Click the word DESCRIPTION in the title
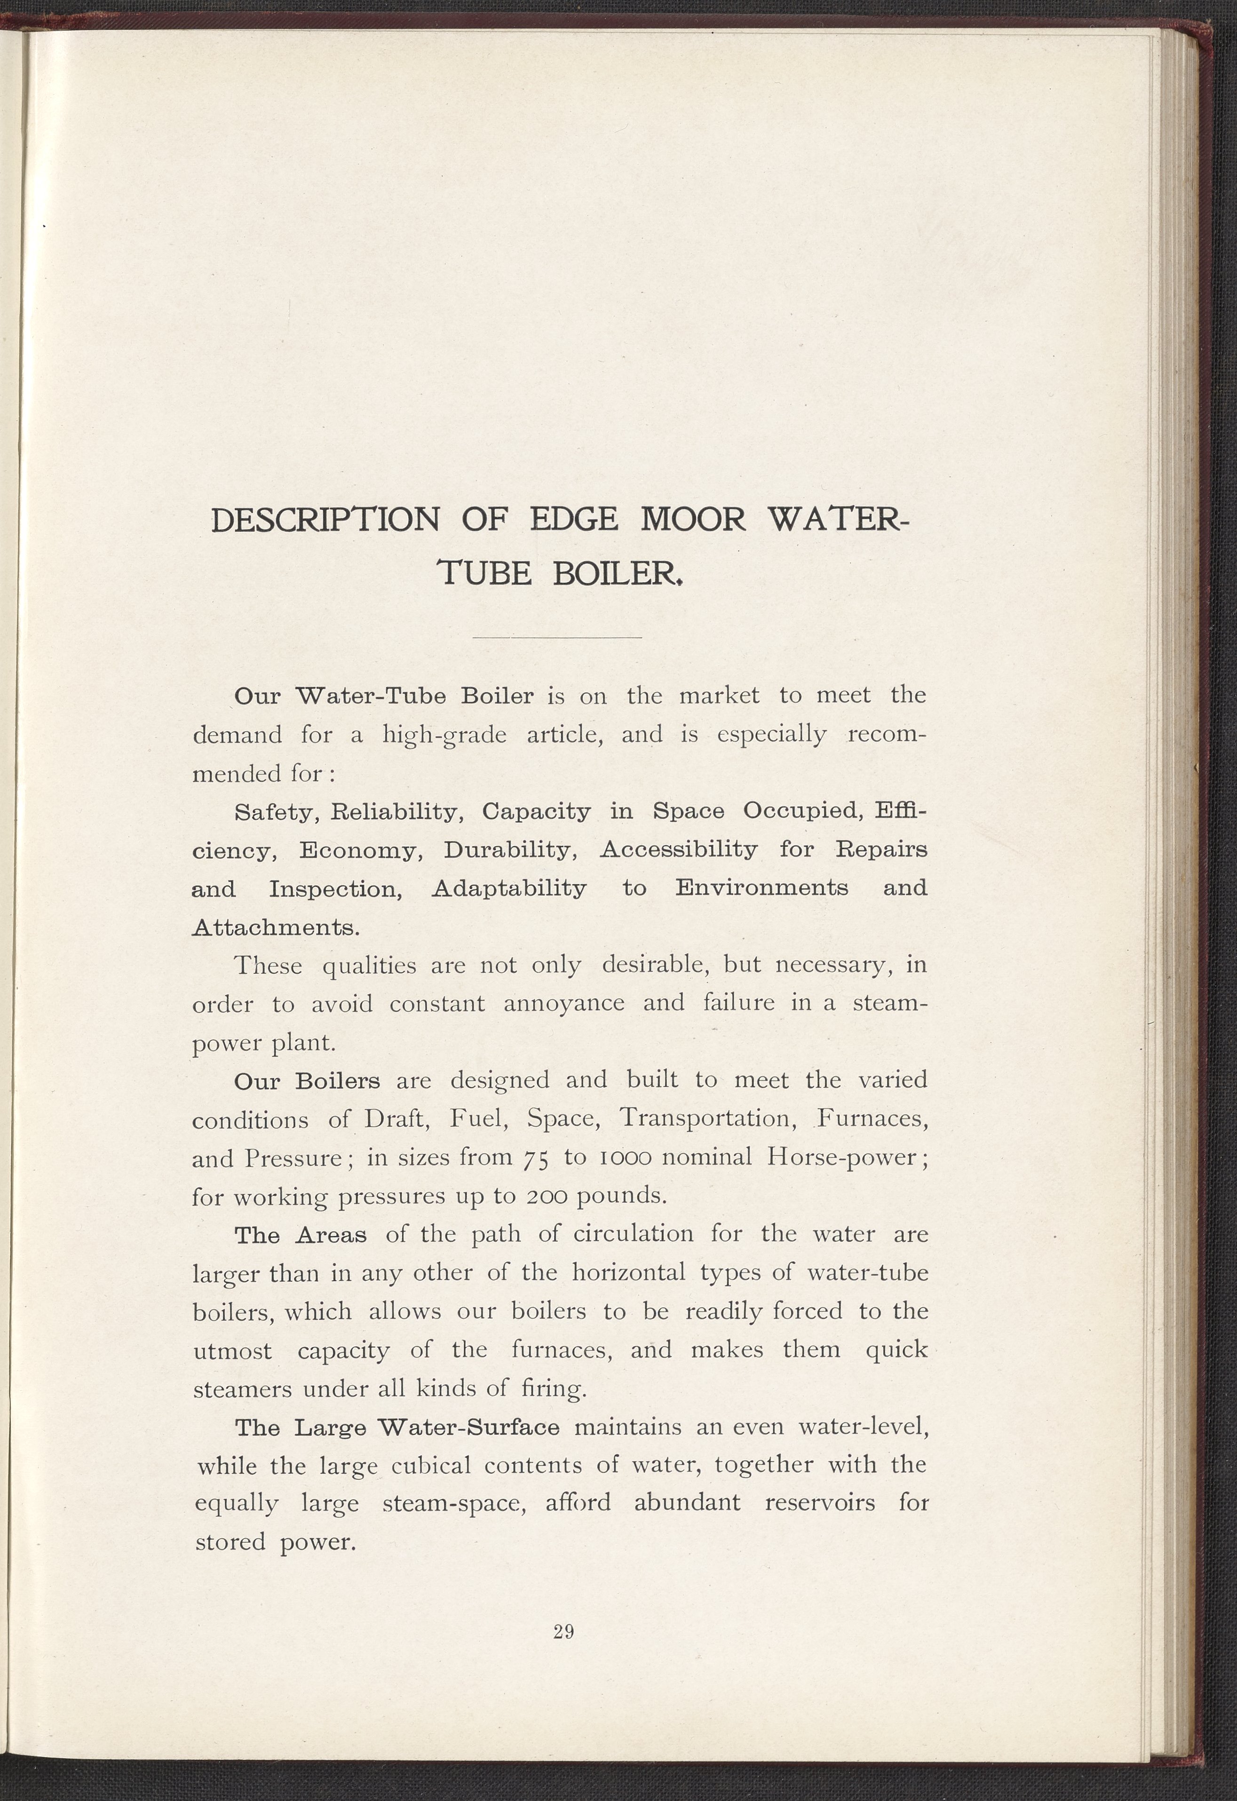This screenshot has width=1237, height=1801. click(x=325, y=519)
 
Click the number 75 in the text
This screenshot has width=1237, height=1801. click(x=536, y=1158)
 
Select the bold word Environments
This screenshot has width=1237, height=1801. click(x=762, y=888)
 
